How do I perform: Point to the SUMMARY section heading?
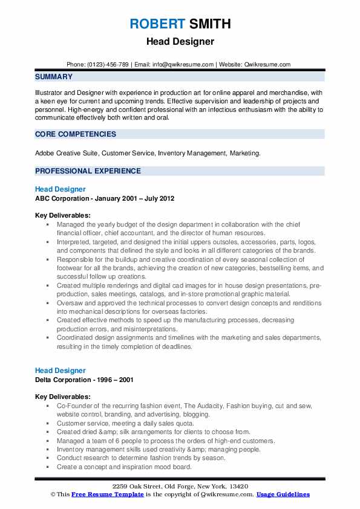(54, 77)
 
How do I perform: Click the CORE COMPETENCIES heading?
(75, 134)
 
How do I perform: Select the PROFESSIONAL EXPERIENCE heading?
(88, 171)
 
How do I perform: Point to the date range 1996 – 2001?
(117, 380)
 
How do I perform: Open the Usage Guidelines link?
(283, 494)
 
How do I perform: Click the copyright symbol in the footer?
(54, 494)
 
